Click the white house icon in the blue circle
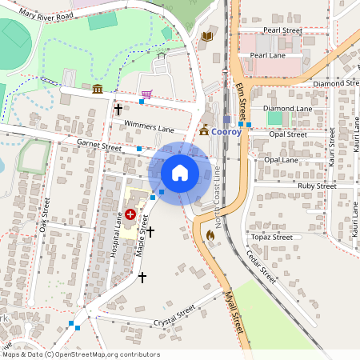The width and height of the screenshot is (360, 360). (x=179, y=172)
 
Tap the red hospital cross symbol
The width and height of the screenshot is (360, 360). (x=130, y=214)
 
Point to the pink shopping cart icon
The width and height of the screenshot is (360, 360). (x=146, y=94)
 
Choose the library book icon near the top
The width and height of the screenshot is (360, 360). (x=208, y=36)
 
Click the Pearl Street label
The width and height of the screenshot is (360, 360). (x=282, y=30)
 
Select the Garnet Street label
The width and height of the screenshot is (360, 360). (x=98, y=145)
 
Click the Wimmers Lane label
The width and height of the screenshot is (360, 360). (x=149, y=126)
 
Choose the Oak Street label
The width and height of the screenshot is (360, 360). (x=46, y=211)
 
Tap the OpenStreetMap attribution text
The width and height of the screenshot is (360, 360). (x=80, y=354)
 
